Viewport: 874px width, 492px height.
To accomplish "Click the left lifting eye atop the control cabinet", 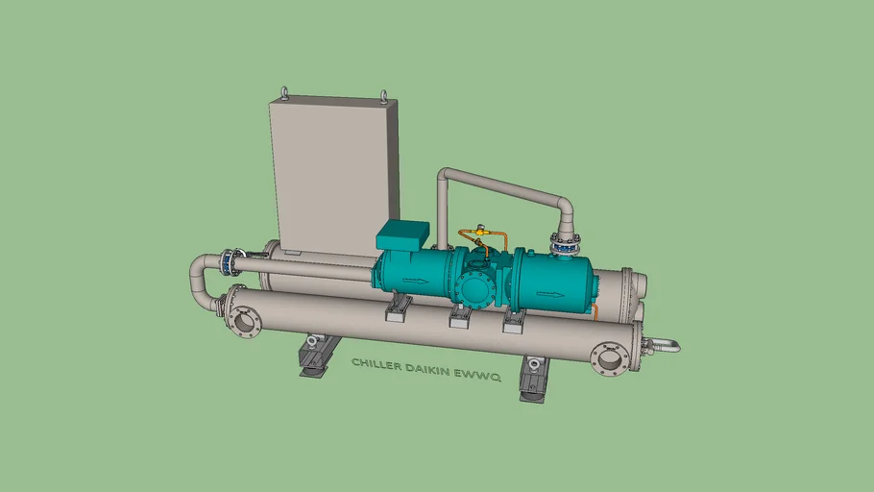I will tap(283, 93).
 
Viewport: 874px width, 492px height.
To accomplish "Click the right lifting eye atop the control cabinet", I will tap(384, 95).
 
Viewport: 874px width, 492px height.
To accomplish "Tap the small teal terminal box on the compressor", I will tap(401, 234).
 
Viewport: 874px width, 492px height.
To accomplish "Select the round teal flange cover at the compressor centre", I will tap(472, 286).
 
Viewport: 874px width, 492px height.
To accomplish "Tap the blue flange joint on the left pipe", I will tap(229, 260).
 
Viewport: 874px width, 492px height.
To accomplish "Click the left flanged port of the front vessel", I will tap(244, 320).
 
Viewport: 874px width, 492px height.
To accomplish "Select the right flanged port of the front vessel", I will tap(610, 358).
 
